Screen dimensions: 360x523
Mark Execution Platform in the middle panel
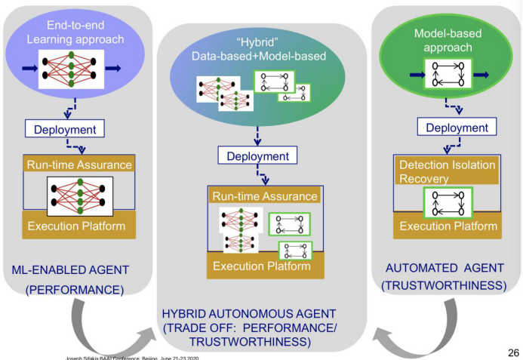[x=261, y=266]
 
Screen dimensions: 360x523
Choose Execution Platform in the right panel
[x=448, y=226]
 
